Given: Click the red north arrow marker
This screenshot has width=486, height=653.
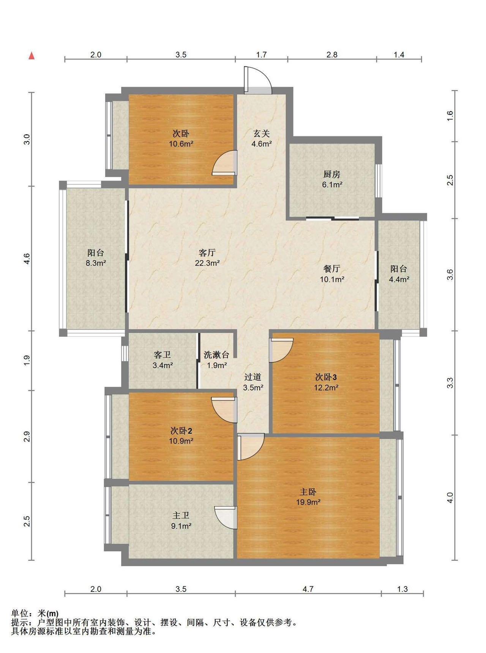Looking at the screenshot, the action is [x=32, y=56].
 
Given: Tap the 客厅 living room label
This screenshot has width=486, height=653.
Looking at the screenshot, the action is [x=207, y=252].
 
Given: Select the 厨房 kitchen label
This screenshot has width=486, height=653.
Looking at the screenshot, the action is [x=332, y=175].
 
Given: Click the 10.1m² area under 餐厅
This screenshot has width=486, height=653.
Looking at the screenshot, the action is [x=332, y=279].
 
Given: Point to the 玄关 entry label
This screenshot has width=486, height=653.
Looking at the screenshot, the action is [x=262, y=134].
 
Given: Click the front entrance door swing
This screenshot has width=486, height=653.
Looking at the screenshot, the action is [x=258, y=80].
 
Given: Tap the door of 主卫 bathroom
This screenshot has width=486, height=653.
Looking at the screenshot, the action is [x=226, y=517].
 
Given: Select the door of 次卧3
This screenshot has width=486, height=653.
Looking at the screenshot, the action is [x=281, y=350].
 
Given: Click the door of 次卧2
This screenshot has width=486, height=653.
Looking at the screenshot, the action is [x=224, y=410].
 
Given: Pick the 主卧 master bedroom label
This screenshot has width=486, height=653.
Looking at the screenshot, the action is [x=308, y=492].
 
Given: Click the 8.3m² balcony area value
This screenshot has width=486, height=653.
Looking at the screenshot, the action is [x=96, y=263].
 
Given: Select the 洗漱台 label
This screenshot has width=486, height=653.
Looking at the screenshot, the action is [x=216, y=355].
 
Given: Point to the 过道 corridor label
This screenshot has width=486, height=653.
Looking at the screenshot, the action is [x=253, y=377].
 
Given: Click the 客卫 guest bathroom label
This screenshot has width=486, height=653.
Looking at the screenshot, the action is [x=162, y=355].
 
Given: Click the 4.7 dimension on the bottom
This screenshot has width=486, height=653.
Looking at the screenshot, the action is [x=308, y=589].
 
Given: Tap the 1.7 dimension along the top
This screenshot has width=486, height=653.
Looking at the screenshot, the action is [x=261, y=55].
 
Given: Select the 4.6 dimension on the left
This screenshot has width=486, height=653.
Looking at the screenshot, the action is [x=26, y=259].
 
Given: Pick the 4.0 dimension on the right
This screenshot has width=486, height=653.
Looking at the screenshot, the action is [x=450, y=497].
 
